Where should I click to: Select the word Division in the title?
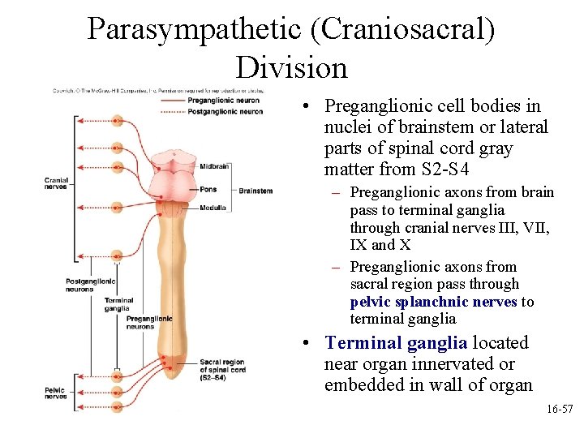291,67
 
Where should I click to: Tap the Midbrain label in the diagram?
214,165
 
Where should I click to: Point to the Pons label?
208,189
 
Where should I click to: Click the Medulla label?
213,207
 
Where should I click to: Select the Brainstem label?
255,191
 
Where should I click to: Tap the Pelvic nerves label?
55,393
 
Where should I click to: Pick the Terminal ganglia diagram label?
118,304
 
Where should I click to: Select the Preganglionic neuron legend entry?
223,100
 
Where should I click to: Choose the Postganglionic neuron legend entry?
225,111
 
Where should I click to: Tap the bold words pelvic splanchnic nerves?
434,302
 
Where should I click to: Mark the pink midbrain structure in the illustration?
175,161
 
